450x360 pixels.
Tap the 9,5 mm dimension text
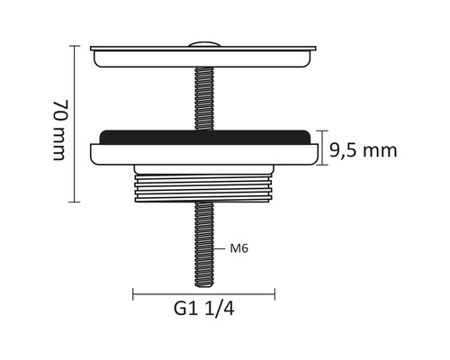[363, 150]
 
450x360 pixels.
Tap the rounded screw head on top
[205, 43]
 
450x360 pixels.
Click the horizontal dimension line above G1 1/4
[205, 292]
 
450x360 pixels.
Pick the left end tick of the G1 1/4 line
[134, 292]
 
